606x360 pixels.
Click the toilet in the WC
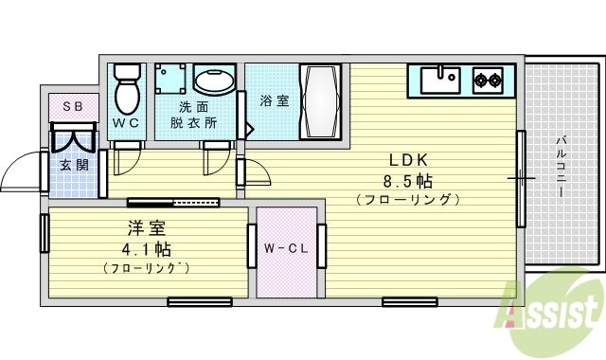coord(126,91)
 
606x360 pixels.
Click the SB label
coord(72,107)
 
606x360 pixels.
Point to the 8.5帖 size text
coord(408,179)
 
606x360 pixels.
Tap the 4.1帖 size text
coord(147,249)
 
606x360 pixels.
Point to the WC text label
coord(126,123)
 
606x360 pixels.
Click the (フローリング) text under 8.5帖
coord(408,200)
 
